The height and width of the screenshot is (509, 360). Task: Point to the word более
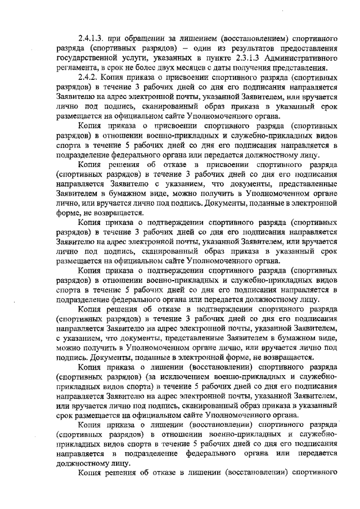coord(156,68)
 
